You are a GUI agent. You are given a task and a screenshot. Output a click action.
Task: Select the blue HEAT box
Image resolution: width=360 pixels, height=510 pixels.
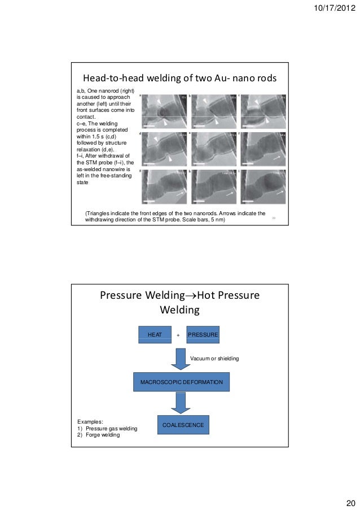(x=155, y=335)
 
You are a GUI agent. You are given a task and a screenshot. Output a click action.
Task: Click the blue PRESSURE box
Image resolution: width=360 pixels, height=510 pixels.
(x=203, y=335)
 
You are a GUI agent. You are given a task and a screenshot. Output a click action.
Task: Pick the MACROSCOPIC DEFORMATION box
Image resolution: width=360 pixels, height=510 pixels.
(x=181, y=382)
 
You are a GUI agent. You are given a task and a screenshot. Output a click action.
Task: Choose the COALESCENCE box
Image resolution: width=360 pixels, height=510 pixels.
(x=183, y=425)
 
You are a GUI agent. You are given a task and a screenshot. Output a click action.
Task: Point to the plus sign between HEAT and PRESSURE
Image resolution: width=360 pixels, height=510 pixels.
(x=178, y=335)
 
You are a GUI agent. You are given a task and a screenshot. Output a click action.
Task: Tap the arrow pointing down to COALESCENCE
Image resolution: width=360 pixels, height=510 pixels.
(x=181, y=403)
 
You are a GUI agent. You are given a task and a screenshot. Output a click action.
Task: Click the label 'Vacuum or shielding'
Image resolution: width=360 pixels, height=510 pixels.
(x=214, y=359)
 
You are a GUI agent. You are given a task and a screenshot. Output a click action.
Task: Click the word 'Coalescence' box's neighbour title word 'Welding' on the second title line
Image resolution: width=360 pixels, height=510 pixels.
(x=180, y=310)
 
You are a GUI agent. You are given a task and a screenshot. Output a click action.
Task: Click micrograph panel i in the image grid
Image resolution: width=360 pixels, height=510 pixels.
(x=264, y=186)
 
